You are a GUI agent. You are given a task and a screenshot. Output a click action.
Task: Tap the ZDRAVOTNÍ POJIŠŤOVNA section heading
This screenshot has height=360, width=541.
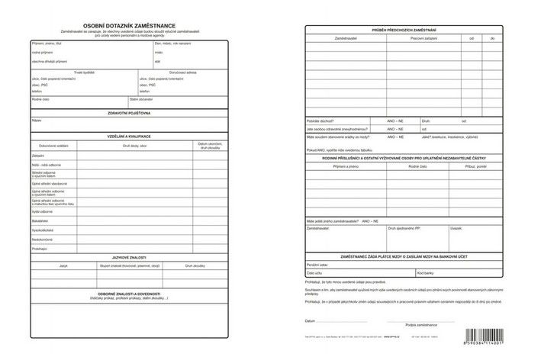[x=129, y=113]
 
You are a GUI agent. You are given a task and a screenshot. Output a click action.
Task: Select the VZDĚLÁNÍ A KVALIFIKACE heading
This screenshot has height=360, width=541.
[x=129, y=136]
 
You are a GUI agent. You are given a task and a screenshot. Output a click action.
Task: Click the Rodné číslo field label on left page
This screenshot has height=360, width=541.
[x=41, y=99]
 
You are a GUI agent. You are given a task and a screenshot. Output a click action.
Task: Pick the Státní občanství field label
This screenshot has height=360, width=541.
[x=141, y=99]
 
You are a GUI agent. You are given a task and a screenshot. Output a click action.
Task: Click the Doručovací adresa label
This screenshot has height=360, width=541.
[x=183, y=72]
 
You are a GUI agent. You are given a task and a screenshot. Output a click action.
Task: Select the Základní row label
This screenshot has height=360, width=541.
[x=38, y=156]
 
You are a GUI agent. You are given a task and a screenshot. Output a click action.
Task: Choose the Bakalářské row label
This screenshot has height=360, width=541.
[x=40, y=220]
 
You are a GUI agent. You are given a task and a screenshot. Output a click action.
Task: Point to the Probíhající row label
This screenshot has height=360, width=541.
[x=40, y=248]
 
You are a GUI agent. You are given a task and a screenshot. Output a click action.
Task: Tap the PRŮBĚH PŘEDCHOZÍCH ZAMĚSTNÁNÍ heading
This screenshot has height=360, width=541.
[x=404, y=30]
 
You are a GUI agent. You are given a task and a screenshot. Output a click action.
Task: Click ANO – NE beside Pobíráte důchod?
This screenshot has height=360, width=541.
[x=395, y=120]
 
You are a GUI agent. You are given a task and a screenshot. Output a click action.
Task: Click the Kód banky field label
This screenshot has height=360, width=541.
[x=425, y=272]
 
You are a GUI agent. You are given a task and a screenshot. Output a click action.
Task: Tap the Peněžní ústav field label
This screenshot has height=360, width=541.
[x=318, y=264]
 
